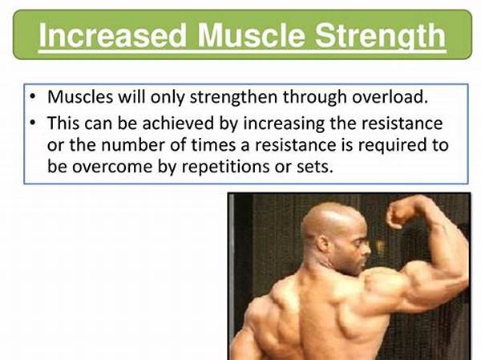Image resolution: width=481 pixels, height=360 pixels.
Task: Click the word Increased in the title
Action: click(x=113, y=35)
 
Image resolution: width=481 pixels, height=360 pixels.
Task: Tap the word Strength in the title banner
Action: click(x=380, y=37)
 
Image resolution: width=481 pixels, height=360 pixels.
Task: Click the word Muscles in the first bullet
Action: click(x=80, y=97)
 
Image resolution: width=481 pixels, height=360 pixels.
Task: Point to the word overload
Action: click(x=390, y=97)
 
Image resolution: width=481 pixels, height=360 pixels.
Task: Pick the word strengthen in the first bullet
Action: click(x=234, y=97)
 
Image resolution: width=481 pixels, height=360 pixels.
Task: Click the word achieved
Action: click(x=178, y=123)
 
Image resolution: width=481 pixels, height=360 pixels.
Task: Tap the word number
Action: click(x=133, y=145)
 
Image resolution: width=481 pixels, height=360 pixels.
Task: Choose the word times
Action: click(x=213, y=145)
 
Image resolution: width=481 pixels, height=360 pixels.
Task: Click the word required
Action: click(x=392, y=145)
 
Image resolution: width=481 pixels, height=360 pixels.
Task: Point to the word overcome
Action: click(x=112, y=167)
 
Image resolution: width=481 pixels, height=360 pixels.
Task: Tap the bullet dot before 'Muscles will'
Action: click(x=33, y=97)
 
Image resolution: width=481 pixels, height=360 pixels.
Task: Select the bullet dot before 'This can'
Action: click(x=33, y=123)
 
